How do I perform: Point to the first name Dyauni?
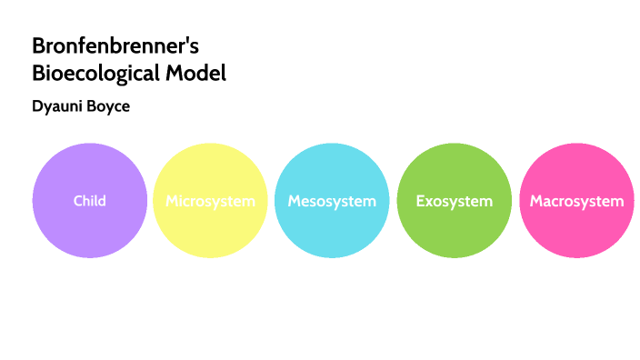click(57, 106)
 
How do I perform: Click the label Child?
click(89, 200)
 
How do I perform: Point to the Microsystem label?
click(210, 201)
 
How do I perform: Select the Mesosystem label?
click(332, 201)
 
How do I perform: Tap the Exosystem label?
click(454, 201)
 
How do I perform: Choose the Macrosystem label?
click(576, 201)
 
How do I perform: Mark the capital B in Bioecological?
click(38, 74)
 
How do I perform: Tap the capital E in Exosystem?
click(420, 201)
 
